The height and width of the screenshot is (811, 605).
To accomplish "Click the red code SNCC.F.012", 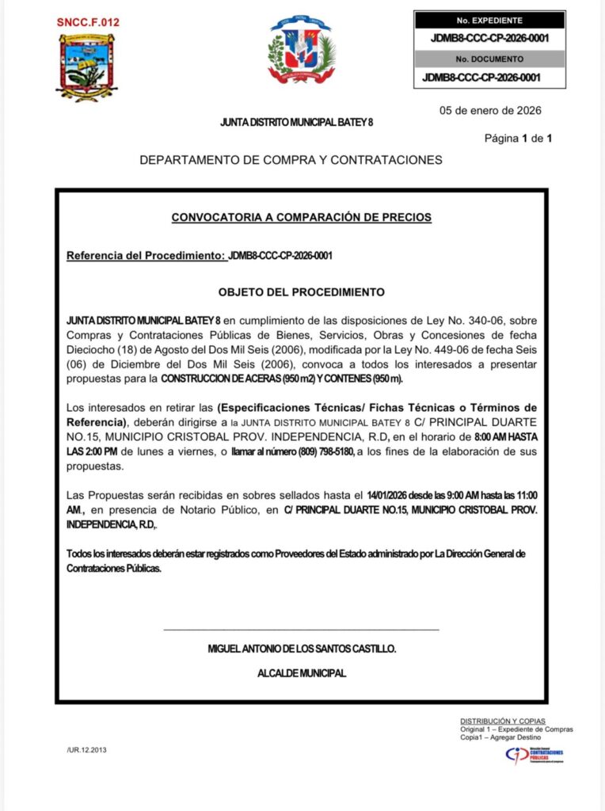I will (88, 23).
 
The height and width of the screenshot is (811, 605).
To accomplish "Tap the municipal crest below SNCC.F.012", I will (86, 67).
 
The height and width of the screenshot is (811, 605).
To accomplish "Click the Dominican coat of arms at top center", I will (301, 49).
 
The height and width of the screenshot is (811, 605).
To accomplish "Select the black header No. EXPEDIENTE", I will (489, 21).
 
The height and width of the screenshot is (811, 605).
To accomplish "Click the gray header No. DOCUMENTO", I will (489, 59).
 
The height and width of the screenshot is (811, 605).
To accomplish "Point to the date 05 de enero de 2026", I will (491, 111).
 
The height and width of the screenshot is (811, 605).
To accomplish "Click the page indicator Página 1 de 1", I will (518, 139).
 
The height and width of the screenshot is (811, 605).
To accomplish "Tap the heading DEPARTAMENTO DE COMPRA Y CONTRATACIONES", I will (291, 160).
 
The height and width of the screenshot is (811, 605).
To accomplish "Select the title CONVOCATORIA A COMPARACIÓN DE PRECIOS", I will (302, 217).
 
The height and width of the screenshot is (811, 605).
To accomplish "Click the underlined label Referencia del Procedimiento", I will (146, 256).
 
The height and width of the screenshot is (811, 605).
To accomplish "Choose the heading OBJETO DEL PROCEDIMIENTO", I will (302, 292).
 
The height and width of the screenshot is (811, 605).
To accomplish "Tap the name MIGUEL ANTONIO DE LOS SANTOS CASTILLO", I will (302, 649).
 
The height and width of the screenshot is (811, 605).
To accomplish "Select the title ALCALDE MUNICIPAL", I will (302, 673).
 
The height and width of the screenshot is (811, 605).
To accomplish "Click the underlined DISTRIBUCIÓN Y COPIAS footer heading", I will (503, 721).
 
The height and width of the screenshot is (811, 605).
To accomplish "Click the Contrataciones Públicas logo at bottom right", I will (535, 756).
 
